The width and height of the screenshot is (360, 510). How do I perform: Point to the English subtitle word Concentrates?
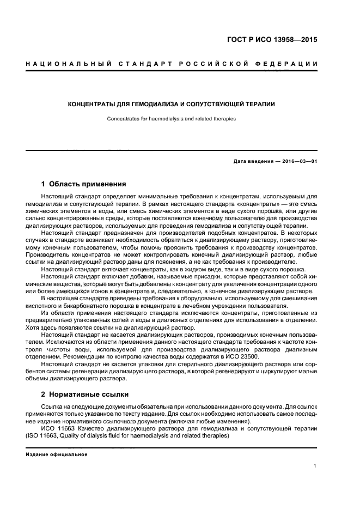click(123, 118)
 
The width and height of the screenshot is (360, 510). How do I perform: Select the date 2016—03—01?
click(298, 162)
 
